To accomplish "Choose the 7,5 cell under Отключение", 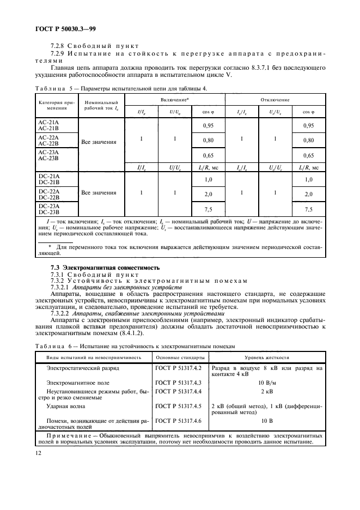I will pyautogui.click(x=308, y=209).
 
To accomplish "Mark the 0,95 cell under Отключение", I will pyautogui.click(x=308, y=125).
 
